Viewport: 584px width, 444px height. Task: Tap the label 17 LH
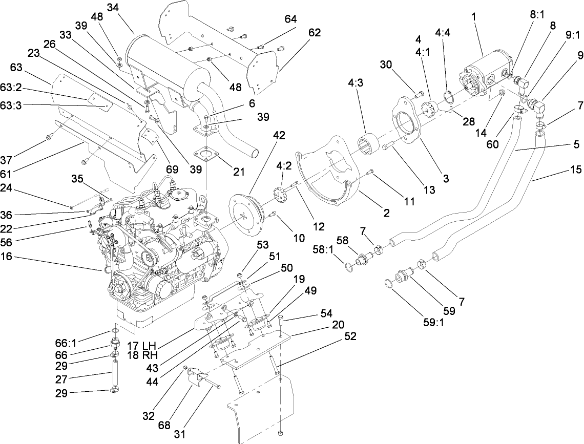tap(141, 346)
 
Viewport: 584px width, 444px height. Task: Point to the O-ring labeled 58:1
tap(348, 267)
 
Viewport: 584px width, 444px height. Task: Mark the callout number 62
tap(315, 32)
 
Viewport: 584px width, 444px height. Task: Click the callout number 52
tap(350, 336)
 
